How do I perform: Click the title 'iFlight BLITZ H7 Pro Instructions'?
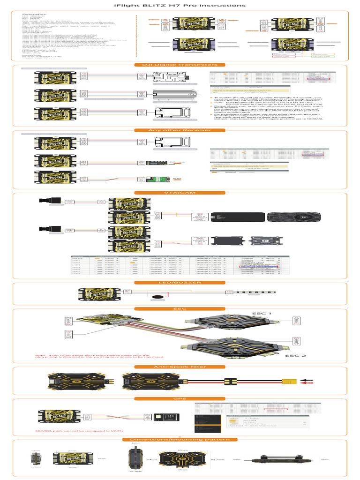click(x=180, y=6)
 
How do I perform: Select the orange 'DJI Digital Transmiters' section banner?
click(x=180, y=65)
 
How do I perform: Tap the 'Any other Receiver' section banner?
click(x=180, y=130)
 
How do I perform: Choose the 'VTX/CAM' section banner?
click(x=180, y=193)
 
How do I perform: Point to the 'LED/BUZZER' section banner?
click(x=180, y=283)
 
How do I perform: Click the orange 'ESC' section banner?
click(x=180, y=308)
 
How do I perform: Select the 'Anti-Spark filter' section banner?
click(x=180, y=367)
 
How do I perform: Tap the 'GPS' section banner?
click(x=180, y=398)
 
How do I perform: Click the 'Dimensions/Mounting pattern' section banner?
click(x=180, y=439)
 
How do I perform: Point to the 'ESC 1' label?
click(x=262, y=313)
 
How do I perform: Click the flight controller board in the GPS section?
click(x=54, y=416)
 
